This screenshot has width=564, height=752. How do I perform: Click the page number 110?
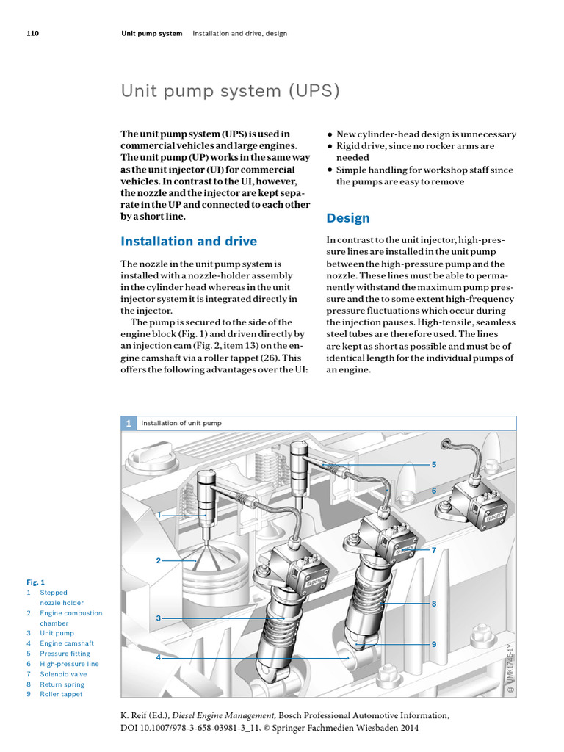pos(32,34)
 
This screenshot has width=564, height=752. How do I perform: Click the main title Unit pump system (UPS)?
pos(231,91)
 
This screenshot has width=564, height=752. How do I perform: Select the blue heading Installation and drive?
pos(189,241)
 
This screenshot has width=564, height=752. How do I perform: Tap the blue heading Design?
pos(348,218)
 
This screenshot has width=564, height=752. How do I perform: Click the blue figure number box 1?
pos(128,423)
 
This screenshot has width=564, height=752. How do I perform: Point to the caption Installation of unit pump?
pos(181,423)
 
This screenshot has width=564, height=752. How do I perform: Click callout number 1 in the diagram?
pos(158,516)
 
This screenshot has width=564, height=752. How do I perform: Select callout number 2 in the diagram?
pos(158,561)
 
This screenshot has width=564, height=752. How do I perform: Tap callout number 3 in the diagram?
pos(158,618)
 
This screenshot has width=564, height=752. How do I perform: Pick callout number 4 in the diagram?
pos(158,657)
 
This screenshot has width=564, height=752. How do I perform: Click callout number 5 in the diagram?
pos(434,465)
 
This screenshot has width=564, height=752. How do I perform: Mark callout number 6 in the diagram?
pos(434,490)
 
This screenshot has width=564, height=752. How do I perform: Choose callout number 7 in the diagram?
pos(434,549)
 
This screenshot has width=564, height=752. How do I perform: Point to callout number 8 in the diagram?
pos(434,603)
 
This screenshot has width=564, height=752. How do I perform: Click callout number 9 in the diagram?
pos(434,644)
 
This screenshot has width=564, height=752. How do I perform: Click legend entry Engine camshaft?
pos(67,643)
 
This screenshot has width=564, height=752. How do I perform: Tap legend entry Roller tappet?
pos(61,694)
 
